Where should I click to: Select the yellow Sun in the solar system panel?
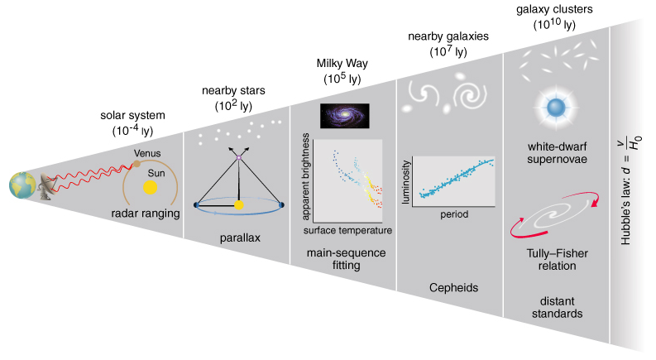coord(150,187)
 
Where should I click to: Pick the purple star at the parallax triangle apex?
coord(239,156)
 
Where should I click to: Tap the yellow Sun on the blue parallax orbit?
coord(239,204)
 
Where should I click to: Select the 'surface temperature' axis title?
coord(347,229)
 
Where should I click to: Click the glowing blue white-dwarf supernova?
coord(551,107)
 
